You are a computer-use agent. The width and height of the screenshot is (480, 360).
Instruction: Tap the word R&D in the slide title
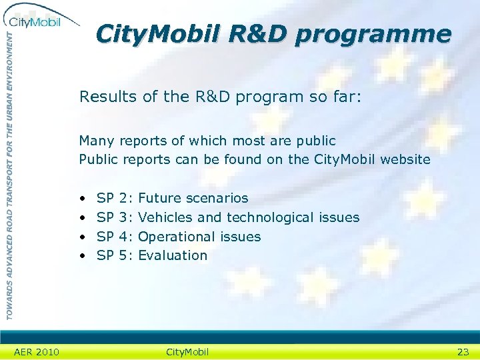pyautogui.click(x=257, y=33)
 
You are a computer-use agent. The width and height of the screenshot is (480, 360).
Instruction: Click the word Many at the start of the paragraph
pyautogui.click(x=97, y=141)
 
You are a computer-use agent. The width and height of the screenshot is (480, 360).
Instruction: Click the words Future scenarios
pyautogui.click(x=193, y=198)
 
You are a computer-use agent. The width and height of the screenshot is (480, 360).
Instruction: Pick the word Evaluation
pyautogui.click(x=173, y=255)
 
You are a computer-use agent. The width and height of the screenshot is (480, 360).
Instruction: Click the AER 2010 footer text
pyautogui.click(x=37, y=352)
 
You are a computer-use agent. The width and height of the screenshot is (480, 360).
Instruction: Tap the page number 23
pyautogui.click(x=463, y=352)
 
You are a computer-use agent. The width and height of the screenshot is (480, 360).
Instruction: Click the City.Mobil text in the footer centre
pyautogui.click(x=187, y=352)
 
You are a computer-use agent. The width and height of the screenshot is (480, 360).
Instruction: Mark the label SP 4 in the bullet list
pyautogui.click(x=114, y=237)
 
